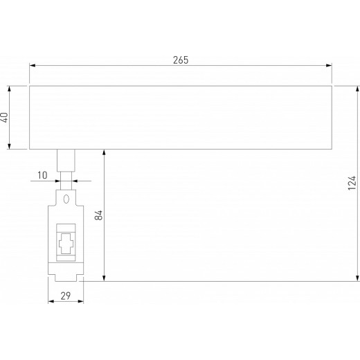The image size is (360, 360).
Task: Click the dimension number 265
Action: (x=180, y=60)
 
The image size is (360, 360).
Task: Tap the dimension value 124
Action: (x=351, y=183)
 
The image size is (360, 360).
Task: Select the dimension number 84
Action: (x=98, y=215)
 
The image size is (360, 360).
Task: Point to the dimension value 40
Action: (x=4, y=118)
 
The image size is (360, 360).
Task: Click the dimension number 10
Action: (x=42, y=176)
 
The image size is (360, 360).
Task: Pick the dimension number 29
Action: (x=65, y=296)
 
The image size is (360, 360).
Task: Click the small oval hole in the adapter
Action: (x=66, y=199)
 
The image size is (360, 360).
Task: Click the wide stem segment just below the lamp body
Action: (x=66, y=161)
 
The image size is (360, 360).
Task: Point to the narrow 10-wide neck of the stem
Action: (x=66, y=181)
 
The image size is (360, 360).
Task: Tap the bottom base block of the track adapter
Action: (x=66, y=271)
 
